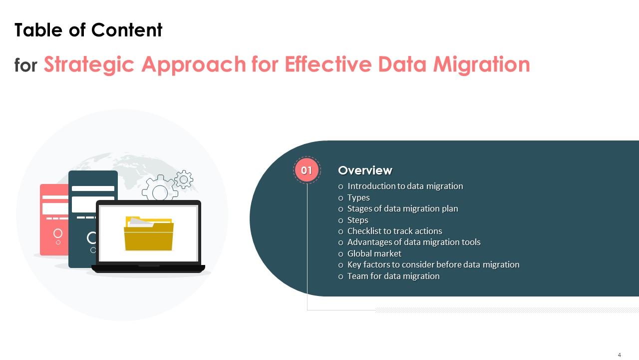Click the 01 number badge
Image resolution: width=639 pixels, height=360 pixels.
pos(307,170)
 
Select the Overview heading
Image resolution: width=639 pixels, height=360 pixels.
pos(365,170)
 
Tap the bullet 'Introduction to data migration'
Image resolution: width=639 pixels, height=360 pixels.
pos(405,186)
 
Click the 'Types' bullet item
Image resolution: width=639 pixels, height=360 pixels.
pos(358,197)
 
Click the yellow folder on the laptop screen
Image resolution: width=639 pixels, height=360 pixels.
pos(149,233)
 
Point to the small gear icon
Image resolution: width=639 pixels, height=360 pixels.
pos(184,179)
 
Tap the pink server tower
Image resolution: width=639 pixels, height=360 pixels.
pos(54,219)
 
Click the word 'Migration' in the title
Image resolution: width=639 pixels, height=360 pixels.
pos(482,64)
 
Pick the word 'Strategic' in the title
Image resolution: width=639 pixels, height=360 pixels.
pos(89,64)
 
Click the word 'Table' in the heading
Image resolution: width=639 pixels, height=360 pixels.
pos(38,29)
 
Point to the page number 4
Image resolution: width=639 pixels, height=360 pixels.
pos(620,354)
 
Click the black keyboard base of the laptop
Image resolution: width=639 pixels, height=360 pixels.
pos(148,268)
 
